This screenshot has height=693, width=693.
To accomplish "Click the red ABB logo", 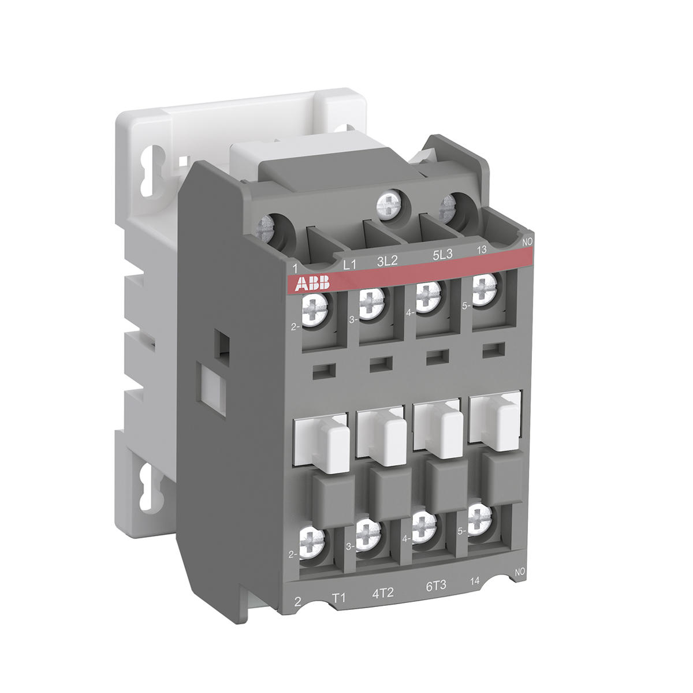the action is pos(312,284).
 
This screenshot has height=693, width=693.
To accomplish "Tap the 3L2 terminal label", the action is pos(388,260).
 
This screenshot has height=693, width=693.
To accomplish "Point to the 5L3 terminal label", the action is pos(442,254).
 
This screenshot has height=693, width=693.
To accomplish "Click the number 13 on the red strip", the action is pos(481,249).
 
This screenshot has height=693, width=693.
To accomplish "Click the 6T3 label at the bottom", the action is pos(436,586).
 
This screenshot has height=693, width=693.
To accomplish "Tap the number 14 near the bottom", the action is pos(475,581).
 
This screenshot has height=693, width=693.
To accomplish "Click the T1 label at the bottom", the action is pos(338,598).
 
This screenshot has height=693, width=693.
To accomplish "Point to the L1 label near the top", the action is pos(349,266).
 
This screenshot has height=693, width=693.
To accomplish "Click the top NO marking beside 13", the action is pos(527,243).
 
